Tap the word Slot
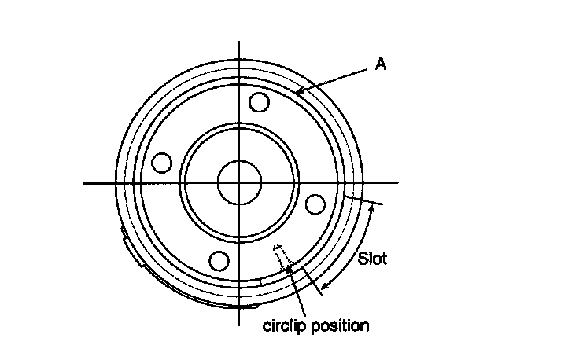372,257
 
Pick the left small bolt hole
162,163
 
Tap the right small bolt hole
315,203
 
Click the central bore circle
238,183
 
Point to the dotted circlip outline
278,255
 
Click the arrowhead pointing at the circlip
289,267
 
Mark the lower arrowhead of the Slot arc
324,284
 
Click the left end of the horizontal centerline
86,183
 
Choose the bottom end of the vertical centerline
238,324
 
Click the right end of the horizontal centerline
397,183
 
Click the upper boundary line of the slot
363,203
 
